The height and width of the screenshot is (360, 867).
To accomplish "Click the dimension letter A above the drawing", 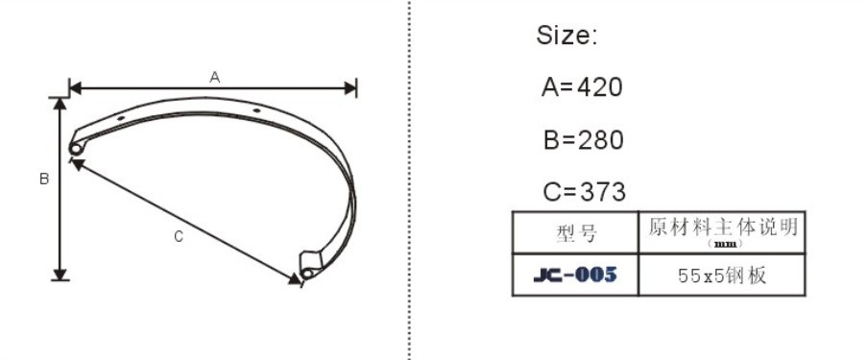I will click(215, 77).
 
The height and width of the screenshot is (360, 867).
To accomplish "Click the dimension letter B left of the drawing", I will click(43, 179).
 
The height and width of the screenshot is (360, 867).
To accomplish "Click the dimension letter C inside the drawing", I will click(179, 237).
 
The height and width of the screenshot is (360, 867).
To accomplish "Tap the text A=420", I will click(582, 87).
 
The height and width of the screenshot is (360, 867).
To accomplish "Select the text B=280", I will click(583, 140).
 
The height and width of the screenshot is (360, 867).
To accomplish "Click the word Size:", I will click(566, 36).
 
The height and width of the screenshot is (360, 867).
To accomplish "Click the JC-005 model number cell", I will click(574, 276).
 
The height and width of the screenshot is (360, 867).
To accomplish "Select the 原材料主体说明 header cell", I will click(723, 228).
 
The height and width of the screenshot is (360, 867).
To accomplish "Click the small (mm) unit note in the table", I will click(723, 244).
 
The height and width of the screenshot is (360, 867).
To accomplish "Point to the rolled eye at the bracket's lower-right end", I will click(306, 274).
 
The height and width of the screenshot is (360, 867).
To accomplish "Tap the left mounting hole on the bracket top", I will click(121, 118).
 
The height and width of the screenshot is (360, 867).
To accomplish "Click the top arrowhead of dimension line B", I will click(60, 103).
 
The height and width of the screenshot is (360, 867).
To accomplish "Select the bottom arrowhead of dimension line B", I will click(60, 274).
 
